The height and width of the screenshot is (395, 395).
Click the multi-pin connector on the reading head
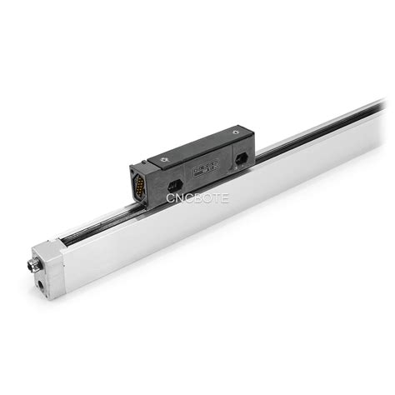pyautogui.click(x=141, y=182)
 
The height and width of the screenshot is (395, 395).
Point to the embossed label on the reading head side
pyautogui.click(x=202, y=171)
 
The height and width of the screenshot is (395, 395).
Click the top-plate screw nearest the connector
pyautogui.click(x=155, y=161)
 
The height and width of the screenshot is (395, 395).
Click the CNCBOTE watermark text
pyautogui.click(x=197, y=198)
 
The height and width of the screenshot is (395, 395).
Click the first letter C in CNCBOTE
pyautogui.click(x=171, y=198)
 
